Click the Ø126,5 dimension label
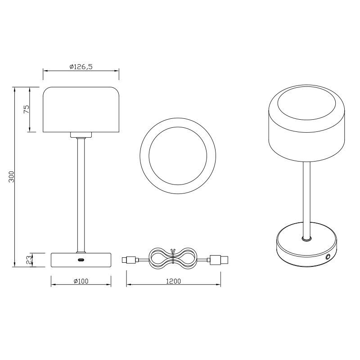coord(81,67)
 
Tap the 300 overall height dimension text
coord(12,176)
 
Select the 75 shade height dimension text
coord(27,109)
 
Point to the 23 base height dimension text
coord(29,260)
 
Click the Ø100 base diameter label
coord(81,281)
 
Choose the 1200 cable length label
coord(173,281)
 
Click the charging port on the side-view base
coord(81,260)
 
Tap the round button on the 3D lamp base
coord(328,256)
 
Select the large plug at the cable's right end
coord(218,260)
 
